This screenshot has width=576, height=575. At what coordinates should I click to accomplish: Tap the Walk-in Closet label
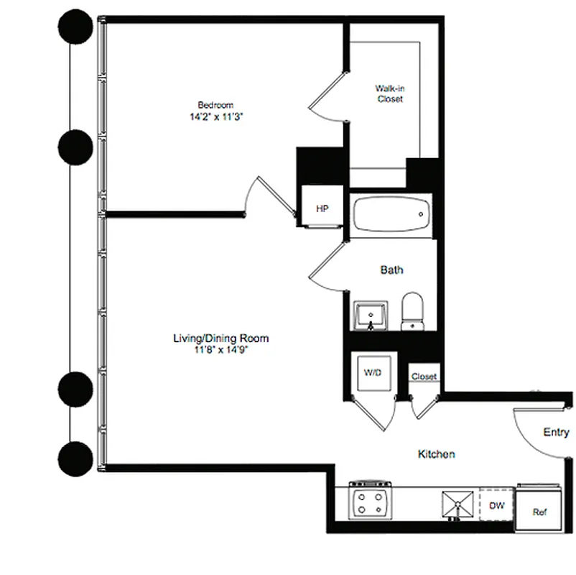coord(389,93)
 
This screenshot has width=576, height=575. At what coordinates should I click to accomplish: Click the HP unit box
coord(322,208)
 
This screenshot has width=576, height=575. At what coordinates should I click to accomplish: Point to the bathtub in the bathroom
coord(391,214)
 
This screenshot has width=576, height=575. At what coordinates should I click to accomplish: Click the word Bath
coord(391,270)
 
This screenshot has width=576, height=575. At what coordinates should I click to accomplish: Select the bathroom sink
coord(371,315)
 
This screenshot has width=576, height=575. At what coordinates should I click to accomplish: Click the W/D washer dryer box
coord(372,373)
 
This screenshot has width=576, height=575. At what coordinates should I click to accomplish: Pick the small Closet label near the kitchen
coord(424,377)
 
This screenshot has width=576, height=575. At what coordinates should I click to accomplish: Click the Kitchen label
coord(437,454)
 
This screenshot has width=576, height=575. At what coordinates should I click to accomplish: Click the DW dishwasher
coord(497,505)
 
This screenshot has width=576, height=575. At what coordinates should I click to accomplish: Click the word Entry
coord(556,432)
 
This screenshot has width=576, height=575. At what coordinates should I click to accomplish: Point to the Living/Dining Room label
coord(215,338)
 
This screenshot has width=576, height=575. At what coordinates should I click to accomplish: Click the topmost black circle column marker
coord(74,29)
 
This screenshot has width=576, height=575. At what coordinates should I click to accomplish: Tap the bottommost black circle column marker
coord(74,457)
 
